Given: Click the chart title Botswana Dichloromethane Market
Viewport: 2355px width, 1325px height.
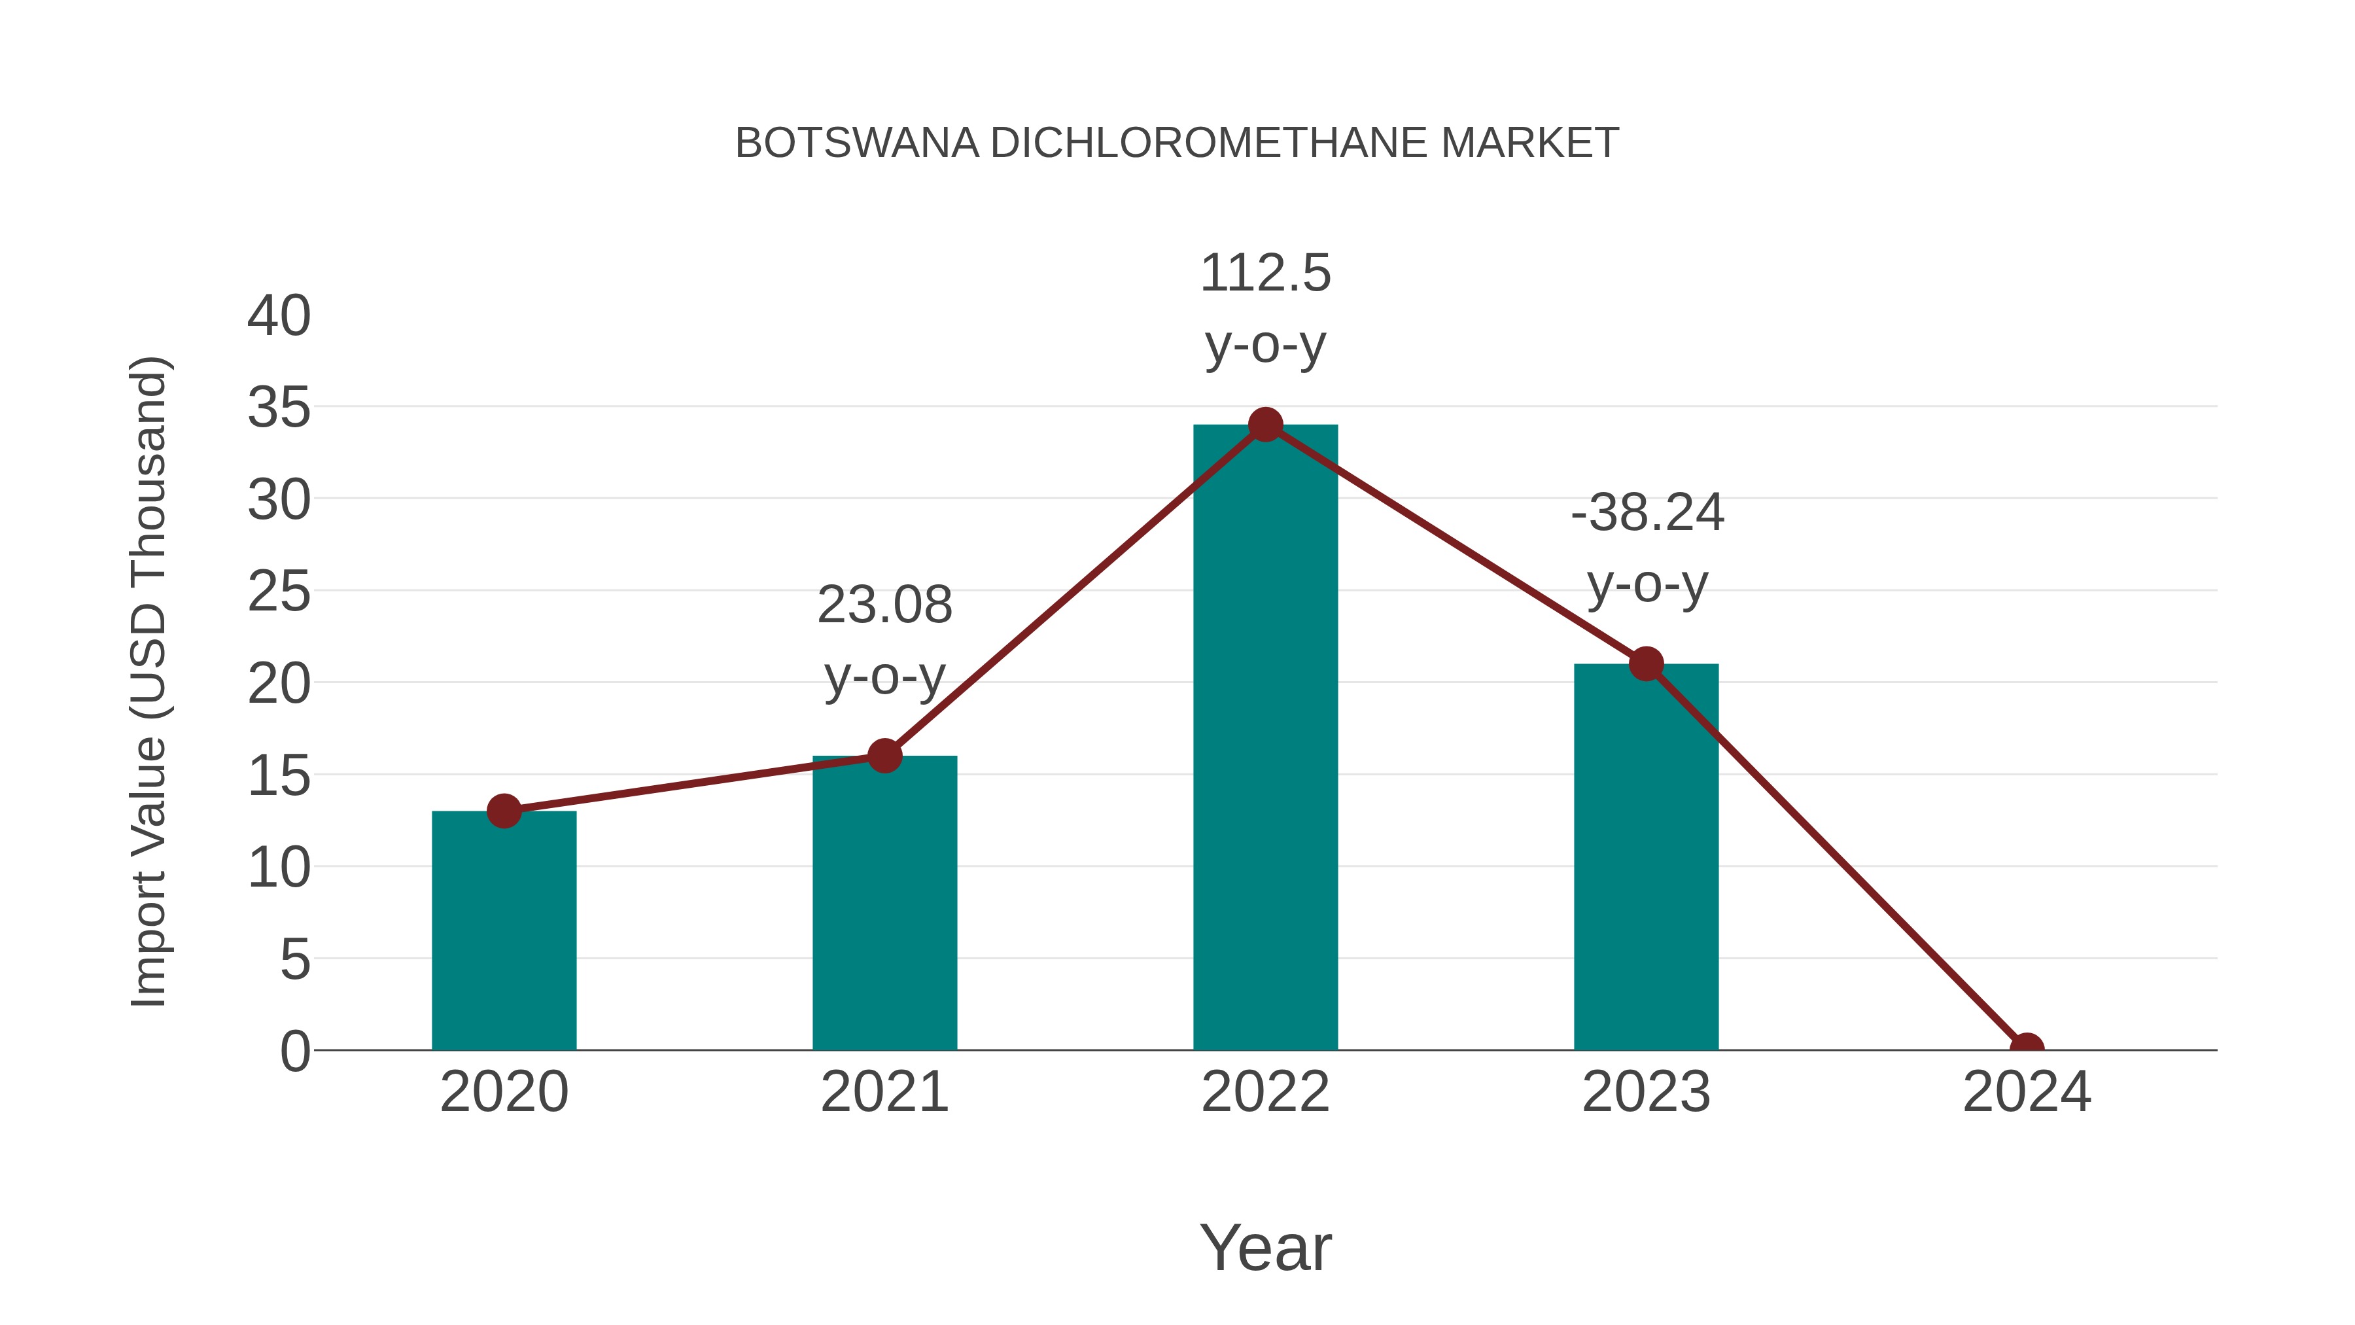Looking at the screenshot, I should click(1177, 143).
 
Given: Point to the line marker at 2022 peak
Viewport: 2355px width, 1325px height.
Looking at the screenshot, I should click(1265, 424).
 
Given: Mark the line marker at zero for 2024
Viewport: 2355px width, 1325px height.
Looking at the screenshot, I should click(2027, 1048).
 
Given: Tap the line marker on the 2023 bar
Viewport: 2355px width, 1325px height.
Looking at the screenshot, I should click(1646, 664).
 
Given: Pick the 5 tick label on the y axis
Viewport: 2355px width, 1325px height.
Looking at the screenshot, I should click(294, 959).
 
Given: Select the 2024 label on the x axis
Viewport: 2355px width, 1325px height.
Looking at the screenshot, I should click(2027, 1092).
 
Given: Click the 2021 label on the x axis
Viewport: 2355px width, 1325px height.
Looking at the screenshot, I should click(884, 1092).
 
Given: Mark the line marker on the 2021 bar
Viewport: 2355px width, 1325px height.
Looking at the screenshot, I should click(884, 755).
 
